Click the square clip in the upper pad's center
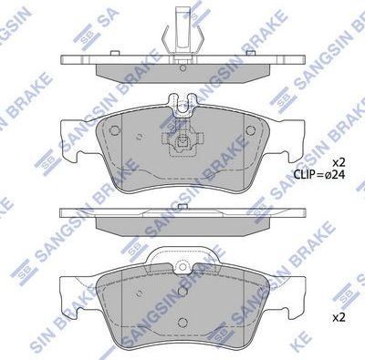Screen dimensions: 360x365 [183, 143]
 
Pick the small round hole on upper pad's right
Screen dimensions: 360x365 [255, 129]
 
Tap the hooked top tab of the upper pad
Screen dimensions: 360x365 [183, 104]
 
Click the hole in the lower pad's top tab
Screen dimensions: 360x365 [183, 268]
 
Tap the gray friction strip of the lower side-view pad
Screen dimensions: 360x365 [182, 224]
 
